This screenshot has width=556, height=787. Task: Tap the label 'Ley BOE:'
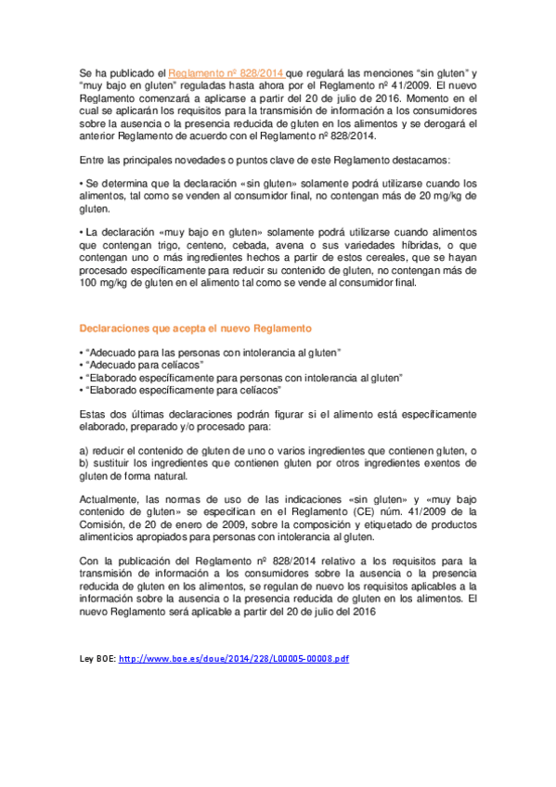pos(98,658)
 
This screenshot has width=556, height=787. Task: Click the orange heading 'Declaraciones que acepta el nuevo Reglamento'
pos(195,329)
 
